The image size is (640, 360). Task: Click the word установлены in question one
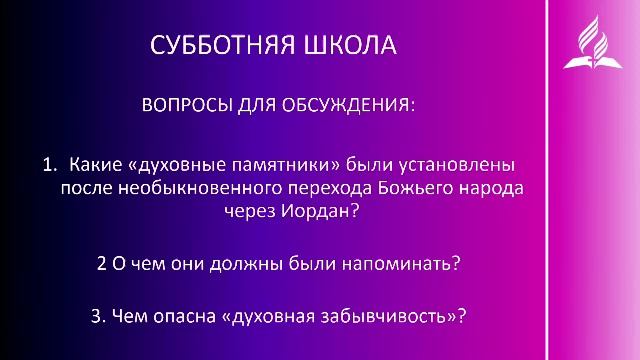470,162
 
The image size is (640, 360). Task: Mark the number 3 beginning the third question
95,317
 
